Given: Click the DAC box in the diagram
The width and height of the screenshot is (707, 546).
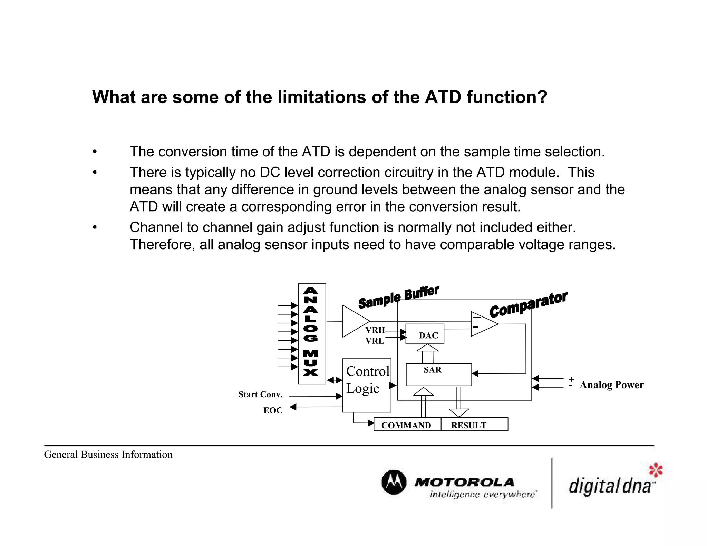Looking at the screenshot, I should (x=425, y=334).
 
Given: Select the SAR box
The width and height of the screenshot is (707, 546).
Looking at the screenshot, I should (x=438, y=374).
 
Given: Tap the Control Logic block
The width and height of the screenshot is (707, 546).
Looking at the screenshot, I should (x=367, y=385).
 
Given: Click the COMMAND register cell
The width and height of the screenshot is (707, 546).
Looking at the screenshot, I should (x=407, y=425).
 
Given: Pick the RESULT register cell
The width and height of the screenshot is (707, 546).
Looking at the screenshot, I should (x=474, y=425).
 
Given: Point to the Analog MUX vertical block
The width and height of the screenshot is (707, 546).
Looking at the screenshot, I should (x=312, y=334).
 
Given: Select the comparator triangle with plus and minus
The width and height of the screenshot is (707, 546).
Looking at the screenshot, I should (x=483, y=324).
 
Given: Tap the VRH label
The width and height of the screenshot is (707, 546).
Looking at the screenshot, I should (x=375, y=330).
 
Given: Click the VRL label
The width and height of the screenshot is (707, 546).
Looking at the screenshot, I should (x=375, y=341).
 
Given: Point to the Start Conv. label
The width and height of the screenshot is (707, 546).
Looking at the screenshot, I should (x=260, y=394).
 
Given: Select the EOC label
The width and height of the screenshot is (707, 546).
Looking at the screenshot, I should (x=273, y=410).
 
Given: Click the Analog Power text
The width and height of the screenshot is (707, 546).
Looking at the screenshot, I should (x=611, y=385).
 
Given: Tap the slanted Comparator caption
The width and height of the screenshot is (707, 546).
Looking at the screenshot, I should (x=528, y=304).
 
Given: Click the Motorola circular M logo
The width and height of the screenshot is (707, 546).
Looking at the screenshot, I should (x=394, y=482).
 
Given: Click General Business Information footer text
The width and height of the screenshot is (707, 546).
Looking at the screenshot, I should (x=108, y=455).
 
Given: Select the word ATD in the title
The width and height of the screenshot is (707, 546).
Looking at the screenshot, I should (x=443, y=97).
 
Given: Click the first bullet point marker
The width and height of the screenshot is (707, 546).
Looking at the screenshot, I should (x=95, y=152).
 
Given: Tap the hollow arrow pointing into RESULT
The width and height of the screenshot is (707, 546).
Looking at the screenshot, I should (x=459, y=412).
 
